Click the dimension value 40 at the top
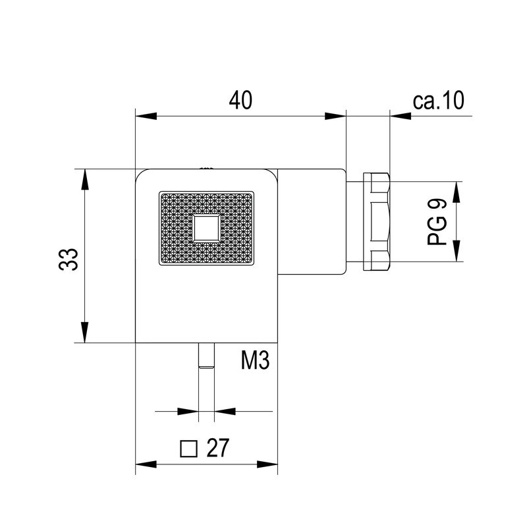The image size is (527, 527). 240,99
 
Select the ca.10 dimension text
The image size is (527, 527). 439,99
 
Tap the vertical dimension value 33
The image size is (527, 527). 69,259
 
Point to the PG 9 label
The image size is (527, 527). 437,223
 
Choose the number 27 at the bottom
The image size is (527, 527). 217,449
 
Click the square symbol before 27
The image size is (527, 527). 189,449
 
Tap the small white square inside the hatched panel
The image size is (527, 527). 206,229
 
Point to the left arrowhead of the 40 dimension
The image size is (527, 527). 146,117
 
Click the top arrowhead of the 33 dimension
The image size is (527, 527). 84,180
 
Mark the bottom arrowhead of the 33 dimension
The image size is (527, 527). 84,332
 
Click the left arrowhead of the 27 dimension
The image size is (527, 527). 146,465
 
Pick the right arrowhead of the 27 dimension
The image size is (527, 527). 267,465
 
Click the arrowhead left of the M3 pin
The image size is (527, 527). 188,412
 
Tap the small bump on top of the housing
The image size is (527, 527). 207,169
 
